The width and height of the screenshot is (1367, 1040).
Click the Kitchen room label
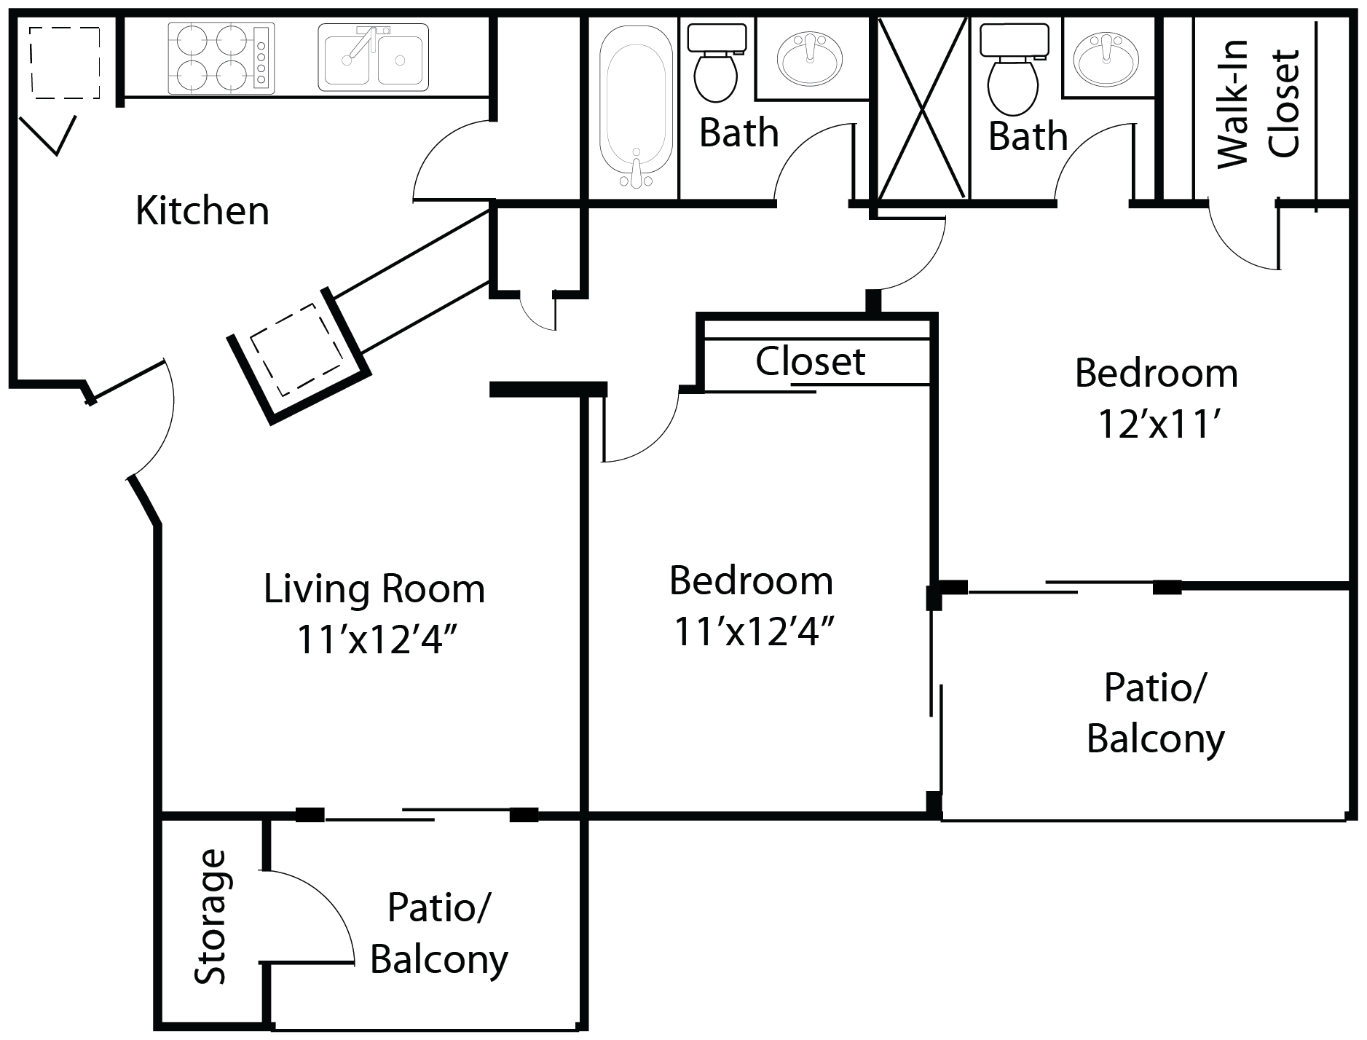(202, 211)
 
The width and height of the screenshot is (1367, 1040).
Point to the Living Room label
(374, 588)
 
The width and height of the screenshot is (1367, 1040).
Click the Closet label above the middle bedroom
(810, 361)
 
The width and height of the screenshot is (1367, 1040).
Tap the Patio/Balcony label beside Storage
(438, 933)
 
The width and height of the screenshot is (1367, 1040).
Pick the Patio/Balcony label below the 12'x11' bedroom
(1155, 713)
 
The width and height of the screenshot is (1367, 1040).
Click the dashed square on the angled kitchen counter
(296, 350)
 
